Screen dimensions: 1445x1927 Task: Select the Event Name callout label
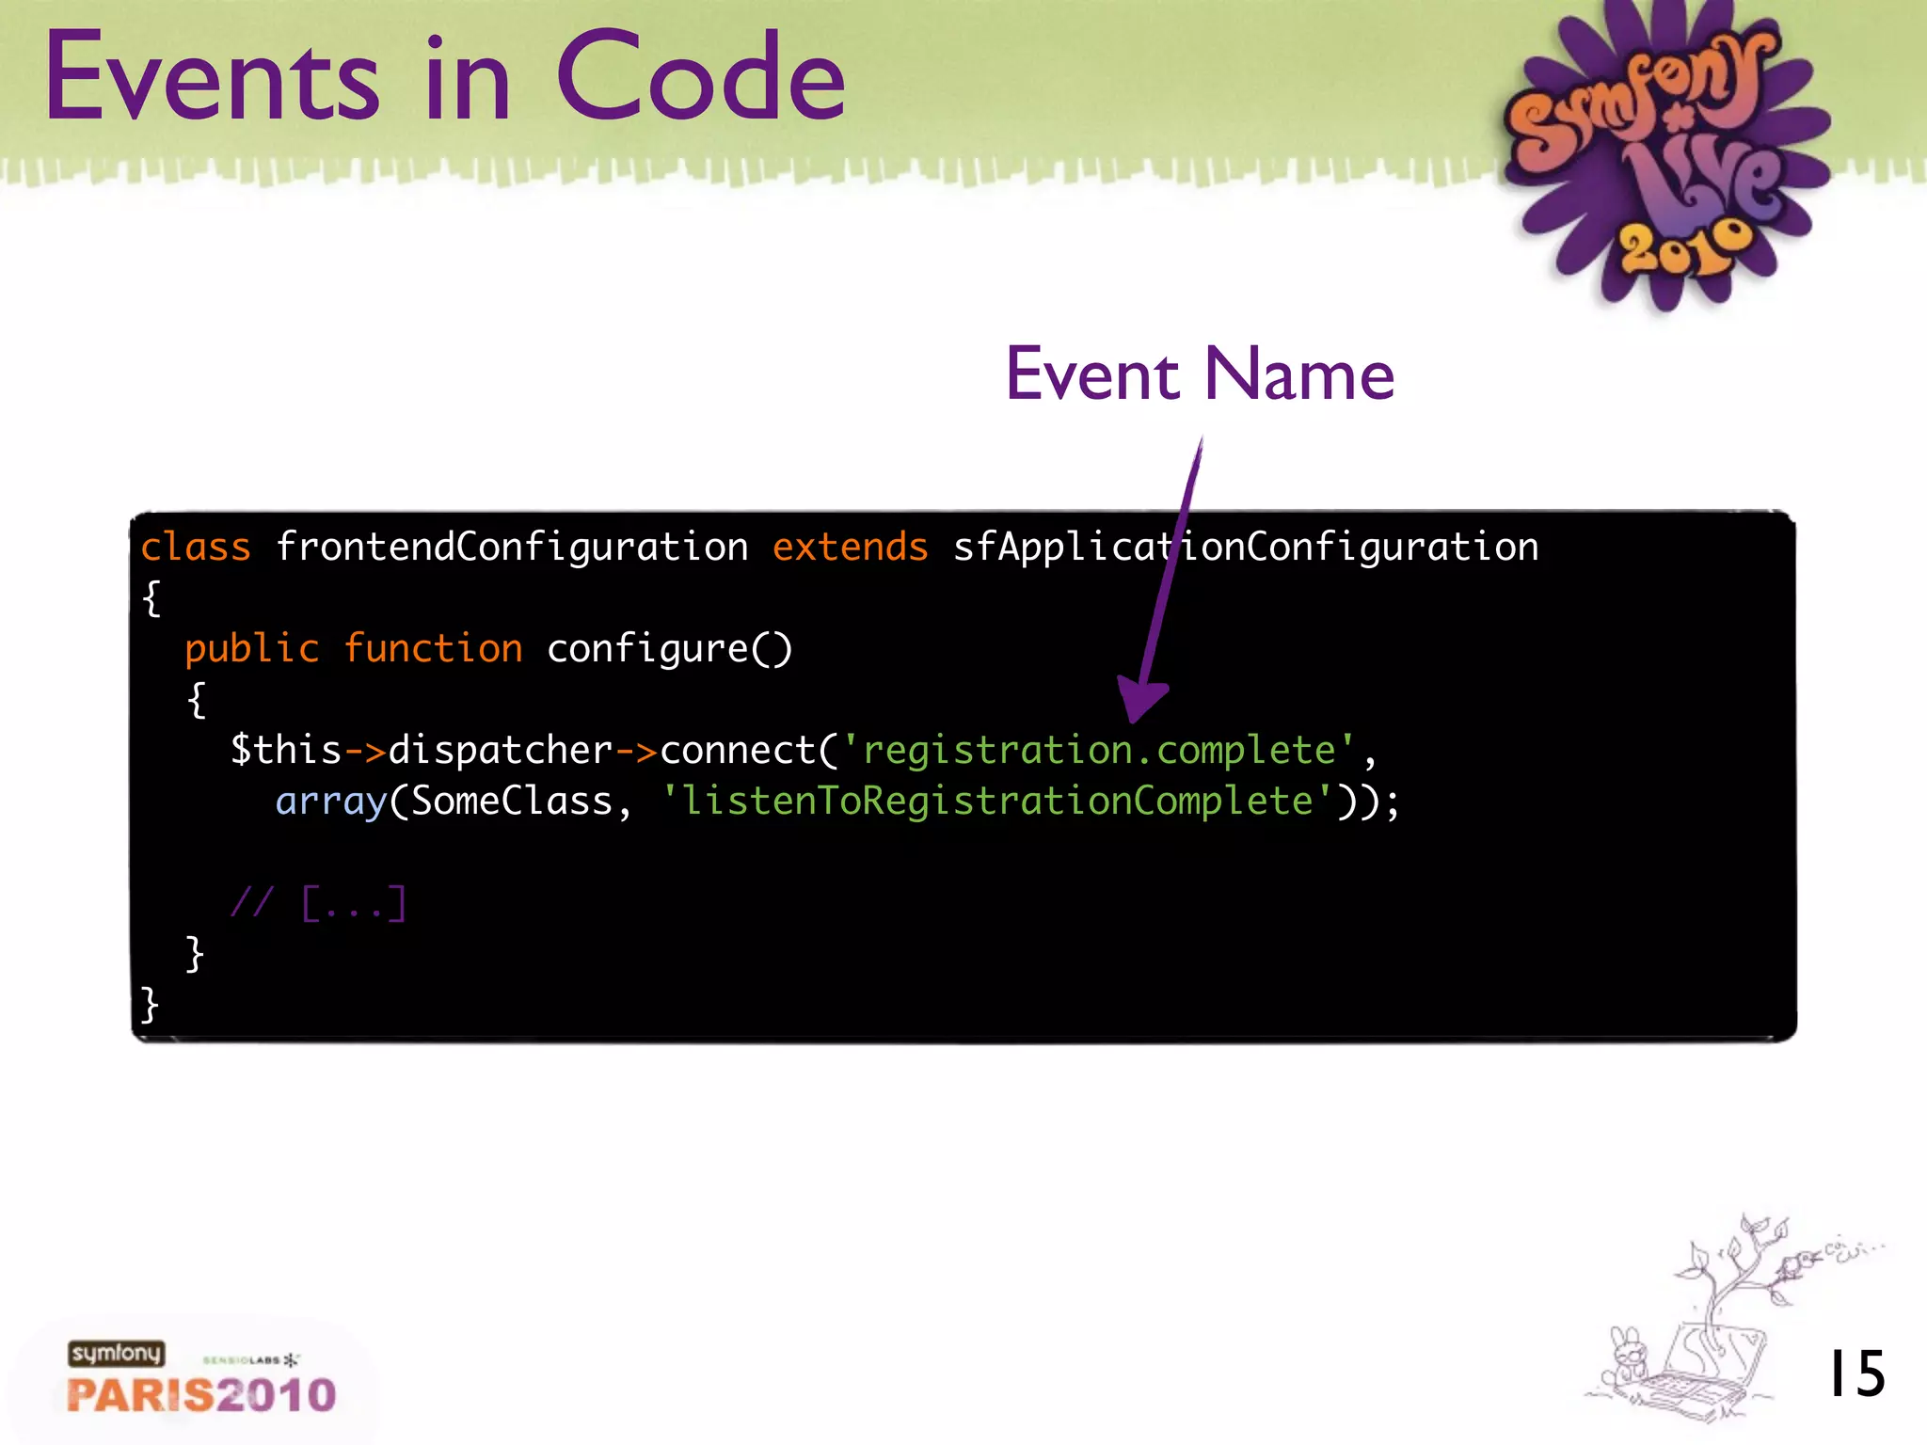[1200, 374]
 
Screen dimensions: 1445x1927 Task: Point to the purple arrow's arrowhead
[1140, 701]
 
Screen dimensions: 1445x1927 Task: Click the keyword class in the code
[196, 547]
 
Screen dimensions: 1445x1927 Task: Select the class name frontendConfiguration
[512, 547]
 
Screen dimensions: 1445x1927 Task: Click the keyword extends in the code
[850, 547]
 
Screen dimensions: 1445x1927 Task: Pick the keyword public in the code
[252, 648]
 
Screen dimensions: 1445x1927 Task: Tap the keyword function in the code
[433, 648]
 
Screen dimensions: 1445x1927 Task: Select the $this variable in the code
[286, 750]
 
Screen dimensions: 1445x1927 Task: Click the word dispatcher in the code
[501, 750]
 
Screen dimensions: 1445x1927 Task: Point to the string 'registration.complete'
[1098, 750]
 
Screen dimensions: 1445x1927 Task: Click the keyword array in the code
[331, 801]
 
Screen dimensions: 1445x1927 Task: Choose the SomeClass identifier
[512, 801]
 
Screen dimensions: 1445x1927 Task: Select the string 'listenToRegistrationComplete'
[997, 801]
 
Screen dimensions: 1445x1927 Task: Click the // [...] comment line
[318, 903]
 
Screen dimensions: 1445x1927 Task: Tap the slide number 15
[1855, 1374]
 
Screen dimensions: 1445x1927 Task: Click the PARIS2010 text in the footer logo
[201, 1395]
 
